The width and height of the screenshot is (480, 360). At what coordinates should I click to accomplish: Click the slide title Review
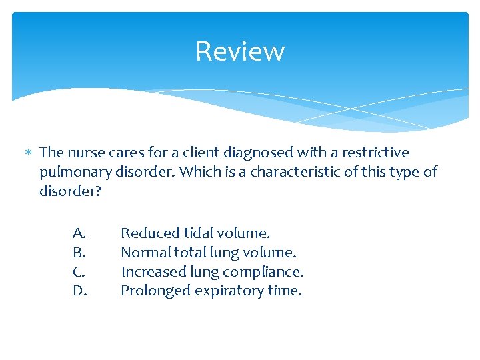tap(240, 51)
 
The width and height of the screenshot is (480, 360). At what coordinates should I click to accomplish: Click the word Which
tap(197, 172)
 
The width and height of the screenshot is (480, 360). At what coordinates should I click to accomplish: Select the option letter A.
tap(79, 233)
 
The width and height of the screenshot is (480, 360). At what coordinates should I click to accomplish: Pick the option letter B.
tap(79, 253)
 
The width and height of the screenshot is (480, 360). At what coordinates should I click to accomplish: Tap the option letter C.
tap(79, 272)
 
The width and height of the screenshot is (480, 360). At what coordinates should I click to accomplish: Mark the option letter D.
tap(79, 291)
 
